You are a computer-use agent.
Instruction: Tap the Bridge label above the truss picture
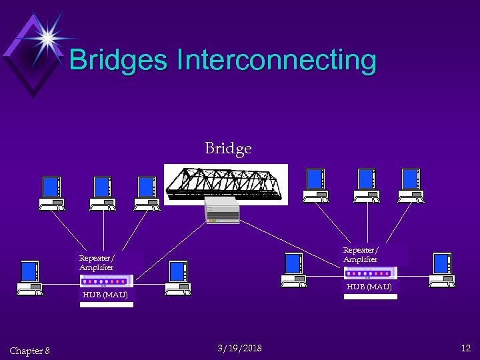(228, 148)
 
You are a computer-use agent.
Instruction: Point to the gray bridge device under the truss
(221, 209)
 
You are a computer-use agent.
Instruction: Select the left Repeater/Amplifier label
(97, 263)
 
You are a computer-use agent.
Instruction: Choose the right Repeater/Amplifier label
(361, 255)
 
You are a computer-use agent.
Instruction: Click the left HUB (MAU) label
(105, 294)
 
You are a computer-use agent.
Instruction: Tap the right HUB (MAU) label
(369, 287)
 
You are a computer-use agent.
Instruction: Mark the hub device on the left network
(106, 281)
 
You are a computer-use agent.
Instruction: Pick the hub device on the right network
(370, 273)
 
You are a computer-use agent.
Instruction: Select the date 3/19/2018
(239, 348)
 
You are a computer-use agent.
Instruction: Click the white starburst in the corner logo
(47, 37)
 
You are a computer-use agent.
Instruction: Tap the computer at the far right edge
(441, 270)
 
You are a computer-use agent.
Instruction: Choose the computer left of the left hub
(30, 277)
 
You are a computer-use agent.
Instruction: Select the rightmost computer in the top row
(410, 185)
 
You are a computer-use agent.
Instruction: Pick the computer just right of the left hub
(178, 277)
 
